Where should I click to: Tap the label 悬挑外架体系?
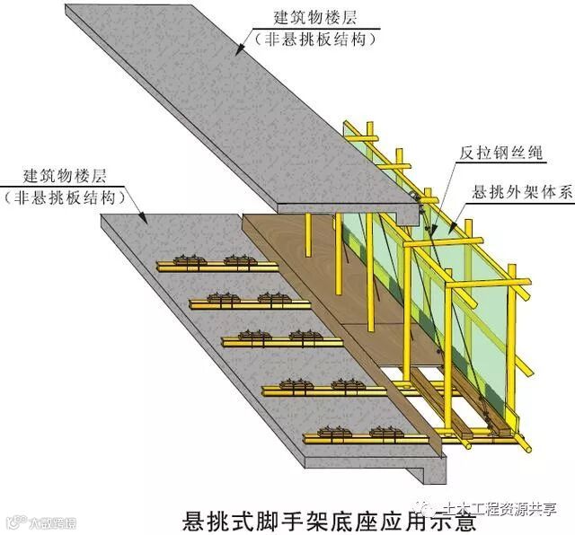(517, 192)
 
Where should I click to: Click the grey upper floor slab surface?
(225, 99)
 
